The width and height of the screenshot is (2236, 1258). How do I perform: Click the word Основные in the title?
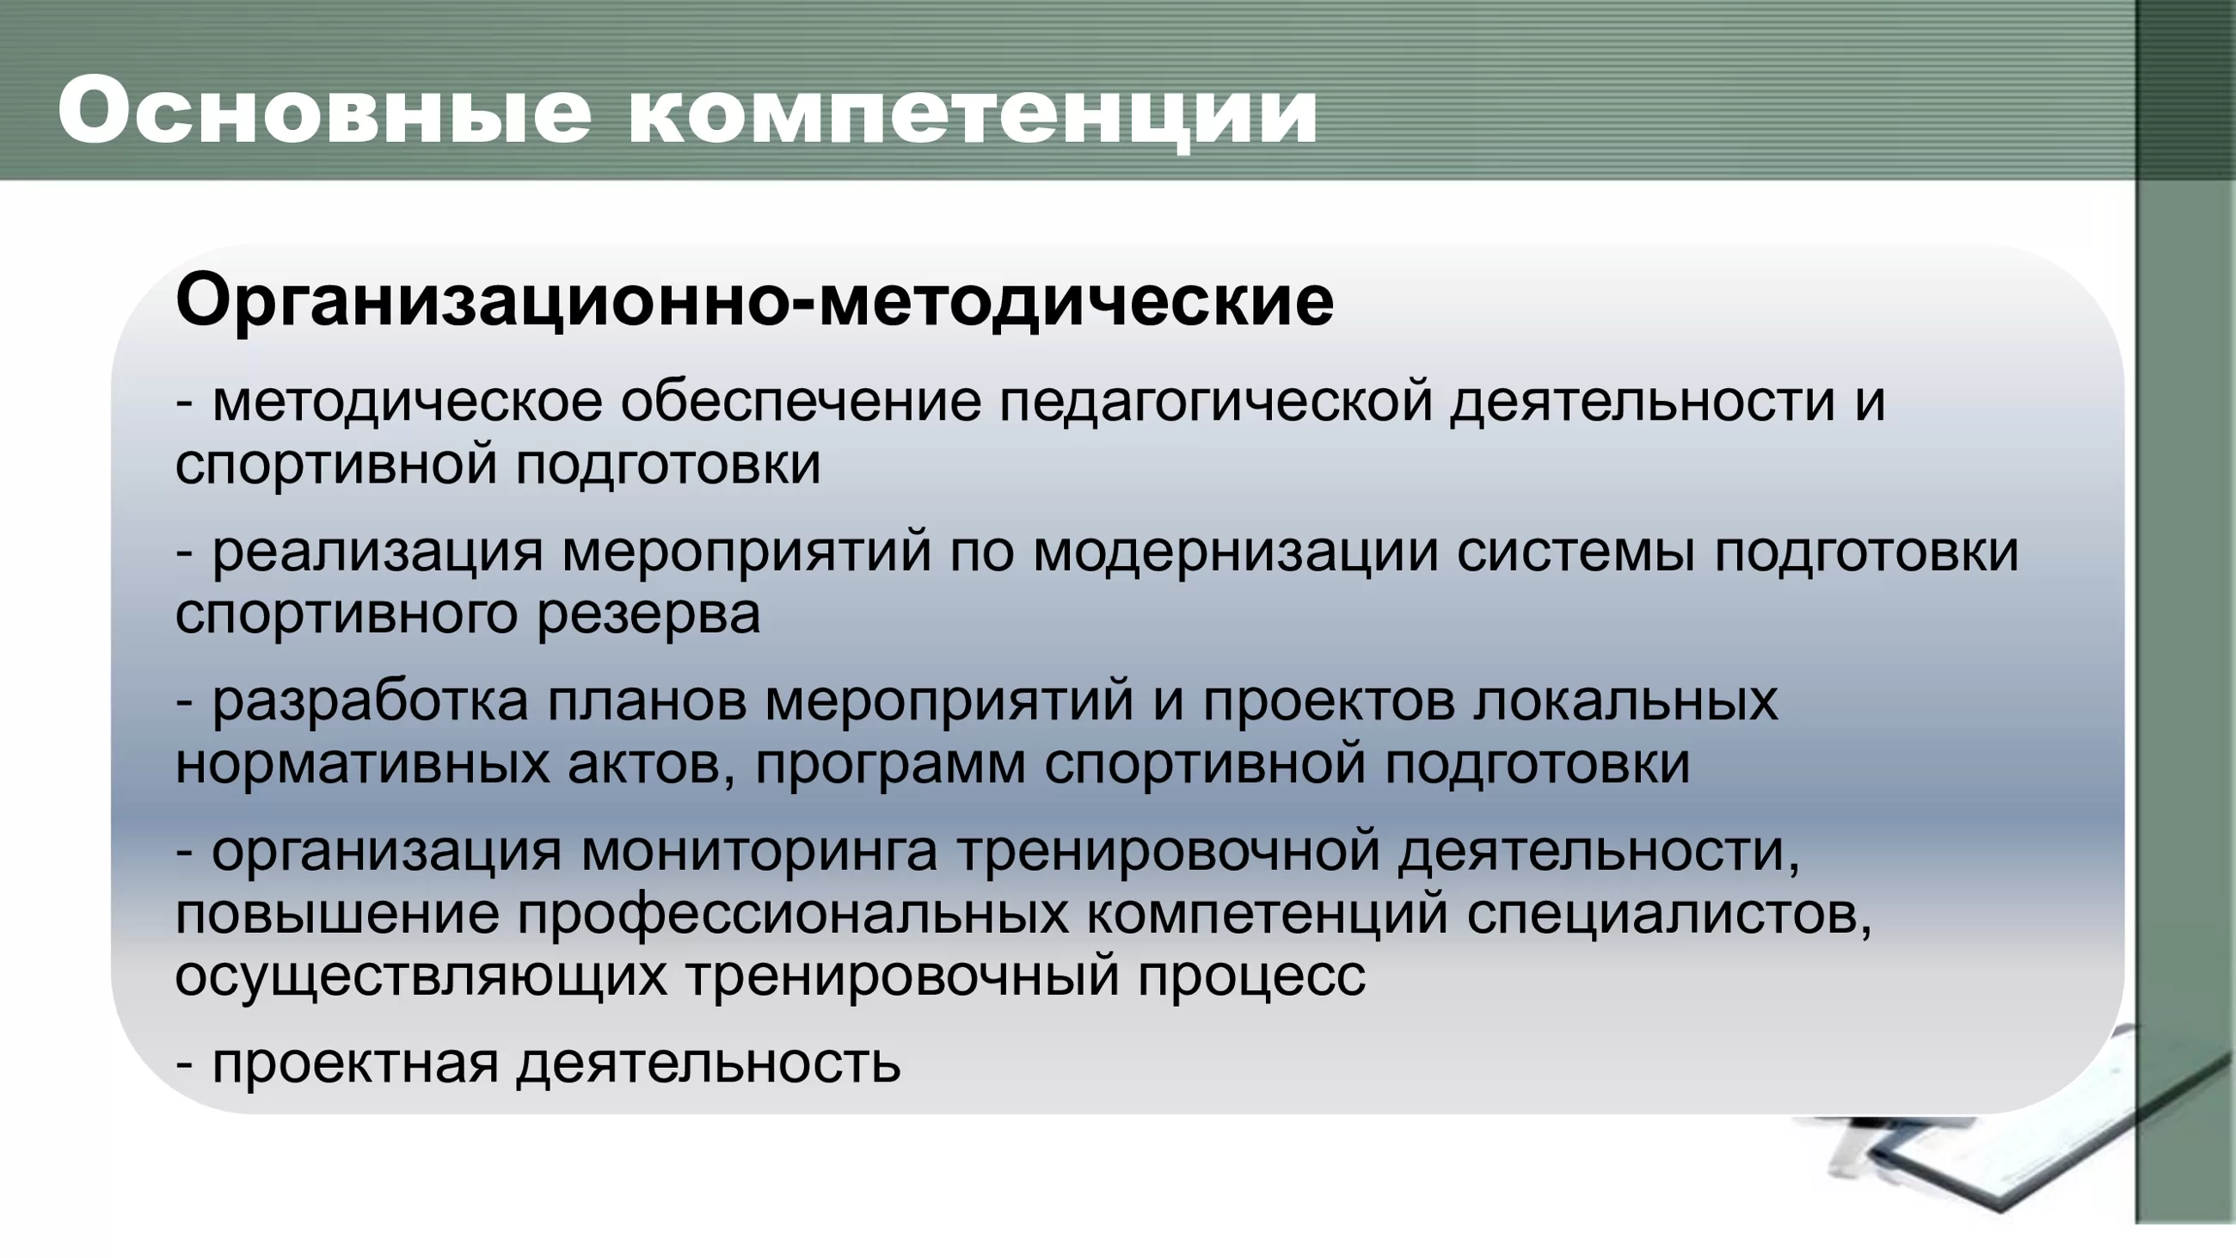324,112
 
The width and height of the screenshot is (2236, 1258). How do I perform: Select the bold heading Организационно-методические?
754,301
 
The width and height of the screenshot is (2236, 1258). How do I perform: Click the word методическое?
407,403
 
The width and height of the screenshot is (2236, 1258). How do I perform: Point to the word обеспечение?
802,403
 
